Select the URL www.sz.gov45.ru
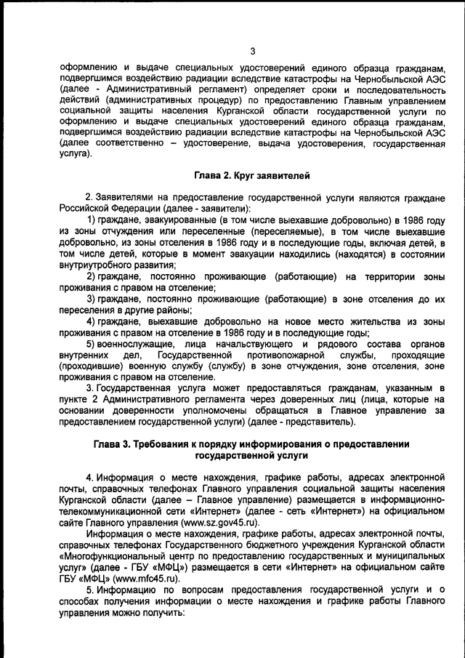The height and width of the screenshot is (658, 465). (x=218, y=523)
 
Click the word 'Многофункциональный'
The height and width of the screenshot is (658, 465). (x=118, y=555)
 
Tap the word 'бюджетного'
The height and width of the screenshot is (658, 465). (x=257, y=544)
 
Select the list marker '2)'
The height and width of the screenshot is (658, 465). (x=93, y=277)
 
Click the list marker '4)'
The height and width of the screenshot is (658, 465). (x=93, y=321)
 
